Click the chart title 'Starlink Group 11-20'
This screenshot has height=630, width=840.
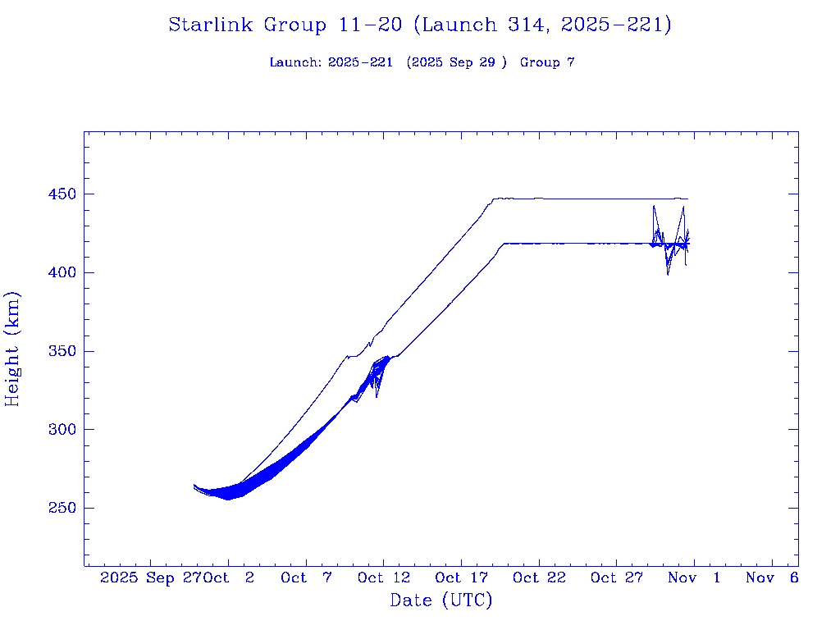pyautogui.click(x=420, y=25)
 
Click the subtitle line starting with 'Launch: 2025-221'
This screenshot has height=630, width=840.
pyautogui.click(x=422, y=62)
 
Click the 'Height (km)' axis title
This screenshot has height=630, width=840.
pyautogui.click(x=13, y=349)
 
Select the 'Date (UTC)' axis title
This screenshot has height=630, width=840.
pyautogui.click(x=441, y=600)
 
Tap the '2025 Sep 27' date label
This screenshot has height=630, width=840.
pyautogui.click(x=151, y=577)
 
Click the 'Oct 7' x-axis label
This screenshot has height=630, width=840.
pyautogui.click(x=305, y=577)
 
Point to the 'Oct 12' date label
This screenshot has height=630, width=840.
pyautogui.click(x=383, y=577)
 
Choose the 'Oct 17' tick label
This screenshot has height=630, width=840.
pyautogui.click(x=461, y=577)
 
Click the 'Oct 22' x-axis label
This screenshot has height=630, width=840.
pyautogui.click(x=538, y=577)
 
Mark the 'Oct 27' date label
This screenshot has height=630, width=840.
pyautogui.click(x=616, y=577)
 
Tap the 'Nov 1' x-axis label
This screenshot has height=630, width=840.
pyautogui.click(x=694, y=577)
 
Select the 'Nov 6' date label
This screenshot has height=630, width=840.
pyautogui.click(x=772, y=577)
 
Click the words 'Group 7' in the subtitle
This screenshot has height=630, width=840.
pyautogui.click(x=547, y=62)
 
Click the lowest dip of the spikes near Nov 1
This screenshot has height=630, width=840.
pyautogui.click(x=668, y=274)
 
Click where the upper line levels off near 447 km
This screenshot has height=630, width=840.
pyautogui.click(x=493, y=199)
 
